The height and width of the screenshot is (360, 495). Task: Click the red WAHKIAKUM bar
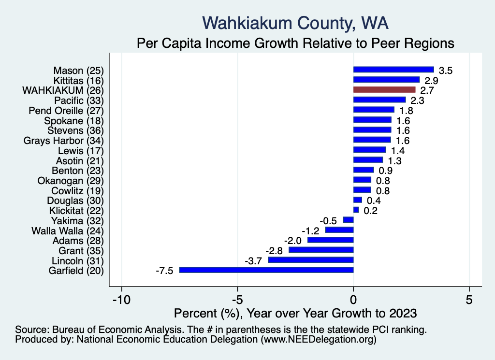[384, 90]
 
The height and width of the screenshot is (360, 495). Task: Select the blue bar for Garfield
[266, 270]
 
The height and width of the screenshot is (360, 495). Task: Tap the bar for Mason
[393, 70]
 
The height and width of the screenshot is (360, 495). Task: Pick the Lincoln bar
[311, 260]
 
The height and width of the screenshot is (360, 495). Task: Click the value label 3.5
[445, 71]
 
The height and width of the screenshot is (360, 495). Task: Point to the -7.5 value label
[164, 271]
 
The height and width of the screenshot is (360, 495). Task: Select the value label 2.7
[427, 90]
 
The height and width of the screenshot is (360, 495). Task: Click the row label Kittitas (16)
[79, 80]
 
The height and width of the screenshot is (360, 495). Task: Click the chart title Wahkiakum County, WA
[295, 23]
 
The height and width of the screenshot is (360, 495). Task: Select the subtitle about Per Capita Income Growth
[295, 43]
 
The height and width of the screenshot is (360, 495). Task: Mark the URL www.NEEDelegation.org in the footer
[319, 340]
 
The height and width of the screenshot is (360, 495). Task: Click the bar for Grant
[321, 250]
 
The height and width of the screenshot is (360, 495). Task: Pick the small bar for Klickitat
[356, 210]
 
